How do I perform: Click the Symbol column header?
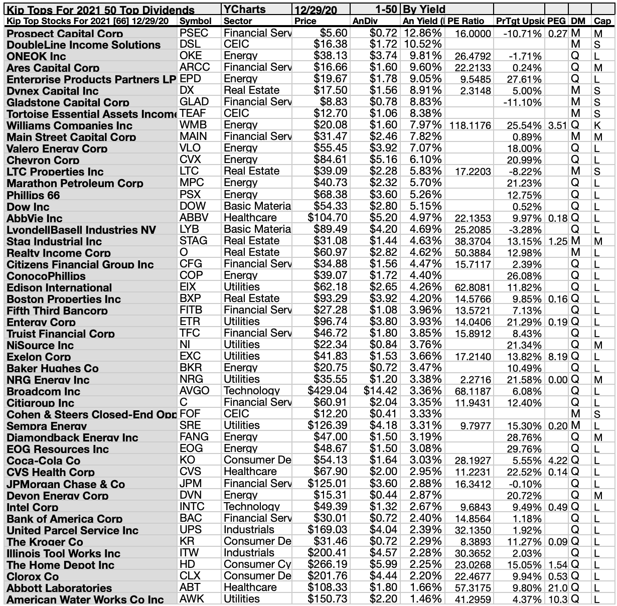(195, 21)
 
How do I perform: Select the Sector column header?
(238, 21)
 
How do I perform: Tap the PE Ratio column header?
(466, 21)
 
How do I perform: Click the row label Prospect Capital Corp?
(65, 34)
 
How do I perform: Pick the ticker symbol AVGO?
(195, 391)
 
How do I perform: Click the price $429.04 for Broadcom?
(327, 391)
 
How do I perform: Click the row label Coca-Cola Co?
(44, 461)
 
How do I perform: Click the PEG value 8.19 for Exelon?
(557, 357)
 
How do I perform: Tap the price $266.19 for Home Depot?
(327, 564)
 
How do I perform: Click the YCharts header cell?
(245, 9)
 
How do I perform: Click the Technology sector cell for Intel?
(252, 507)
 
